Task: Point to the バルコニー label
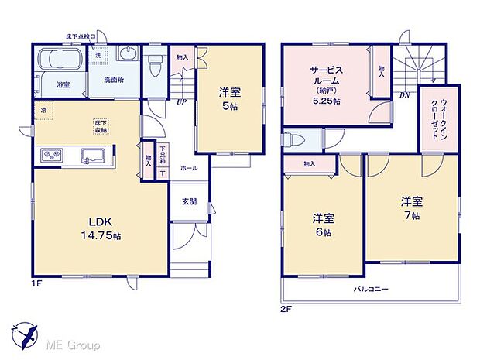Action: click(x=371, y=289)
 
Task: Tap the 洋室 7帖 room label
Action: click(x=411, y=207)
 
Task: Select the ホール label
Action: click(x=188, y=167)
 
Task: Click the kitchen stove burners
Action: click(x=52, y=156)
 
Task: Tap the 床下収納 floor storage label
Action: click(x=100, y=125)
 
